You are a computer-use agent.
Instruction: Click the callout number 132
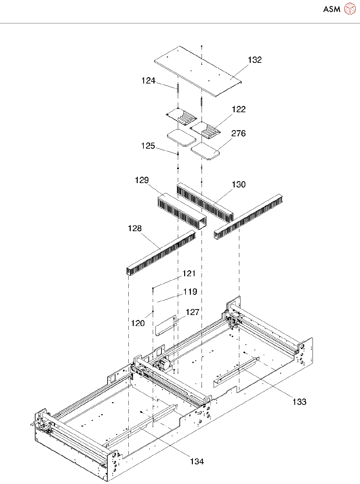255,60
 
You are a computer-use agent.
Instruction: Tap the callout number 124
148,80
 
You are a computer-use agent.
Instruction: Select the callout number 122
239,109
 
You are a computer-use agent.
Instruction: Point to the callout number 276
239,133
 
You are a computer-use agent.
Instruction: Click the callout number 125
148,146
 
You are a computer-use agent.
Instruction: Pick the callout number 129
142,180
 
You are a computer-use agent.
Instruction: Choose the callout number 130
239,184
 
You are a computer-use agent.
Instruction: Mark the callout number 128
135,228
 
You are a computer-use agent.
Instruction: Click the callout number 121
189,274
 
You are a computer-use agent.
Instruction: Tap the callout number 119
190,292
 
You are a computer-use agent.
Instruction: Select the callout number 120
138,323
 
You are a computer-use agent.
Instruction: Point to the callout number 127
193,312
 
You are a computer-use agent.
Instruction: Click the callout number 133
299,402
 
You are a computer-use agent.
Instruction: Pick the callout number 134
197,461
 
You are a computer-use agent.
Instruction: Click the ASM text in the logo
332,9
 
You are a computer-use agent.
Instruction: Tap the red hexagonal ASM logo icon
350,9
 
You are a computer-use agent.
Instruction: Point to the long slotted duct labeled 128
160,253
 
